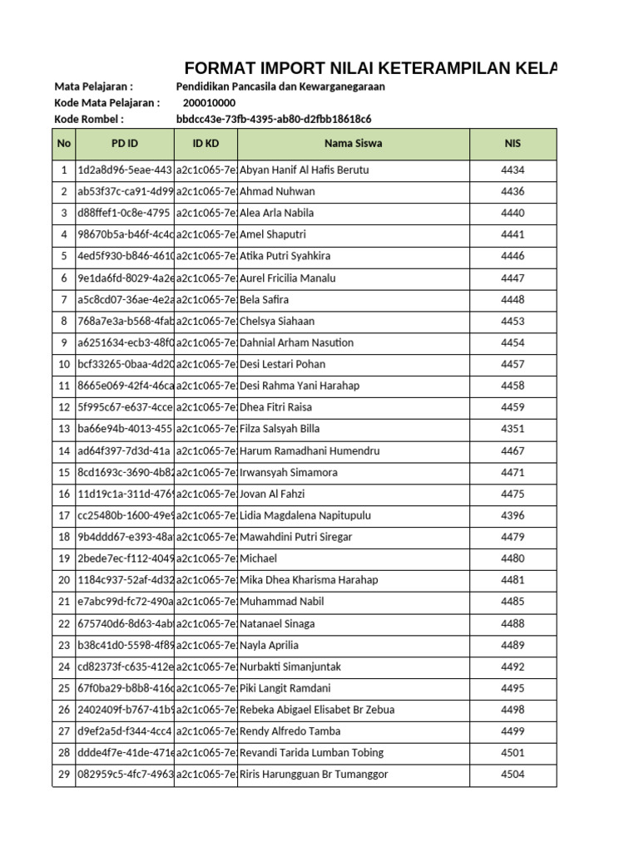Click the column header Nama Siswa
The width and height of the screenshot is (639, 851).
353,143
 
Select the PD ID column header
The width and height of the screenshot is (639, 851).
125,143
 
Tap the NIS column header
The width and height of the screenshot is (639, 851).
513,143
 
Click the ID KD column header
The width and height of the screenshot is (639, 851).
206,143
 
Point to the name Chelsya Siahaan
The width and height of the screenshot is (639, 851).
277,321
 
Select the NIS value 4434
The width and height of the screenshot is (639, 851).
513,170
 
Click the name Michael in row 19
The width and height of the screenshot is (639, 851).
258,558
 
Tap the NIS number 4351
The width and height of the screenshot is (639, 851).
513,429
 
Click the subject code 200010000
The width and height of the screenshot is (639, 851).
209,102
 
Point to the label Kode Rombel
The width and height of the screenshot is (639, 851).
89,119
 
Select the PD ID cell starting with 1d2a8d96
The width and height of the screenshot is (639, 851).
125,170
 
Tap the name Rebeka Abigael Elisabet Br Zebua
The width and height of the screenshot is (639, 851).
317,710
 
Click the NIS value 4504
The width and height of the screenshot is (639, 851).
513,775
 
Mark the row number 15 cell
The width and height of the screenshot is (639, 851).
64,472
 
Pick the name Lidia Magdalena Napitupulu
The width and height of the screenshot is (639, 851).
305,515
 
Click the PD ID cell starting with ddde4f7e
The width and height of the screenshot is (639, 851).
125,753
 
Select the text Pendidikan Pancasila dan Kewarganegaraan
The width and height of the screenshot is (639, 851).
280,86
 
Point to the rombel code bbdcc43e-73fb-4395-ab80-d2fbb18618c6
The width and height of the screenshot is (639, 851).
274,119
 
